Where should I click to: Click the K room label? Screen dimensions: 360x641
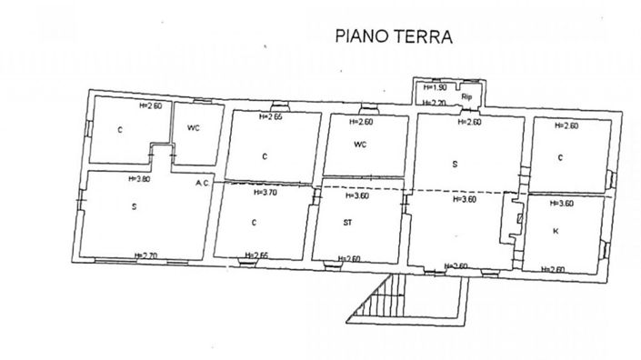coord(555,232)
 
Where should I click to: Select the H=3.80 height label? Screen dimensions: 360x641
coord(148,180)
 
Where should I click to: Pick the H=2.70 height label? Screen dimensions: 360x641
coord(145,255)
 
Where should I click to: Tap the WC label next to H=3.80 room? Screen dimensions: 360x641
coord(193,127)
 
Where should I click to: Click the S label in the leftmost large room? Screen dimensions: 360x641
coord(134,207)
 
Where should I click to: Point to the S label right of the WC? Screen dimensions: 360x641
coord(454,165)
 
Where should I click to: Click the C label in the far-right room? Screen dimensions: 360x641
coord(560,157)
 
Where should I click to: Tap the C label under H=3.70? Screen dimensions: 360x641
coord(254,222)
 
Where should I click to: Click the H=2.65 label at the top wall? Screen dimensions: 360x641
coord(271,116)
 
